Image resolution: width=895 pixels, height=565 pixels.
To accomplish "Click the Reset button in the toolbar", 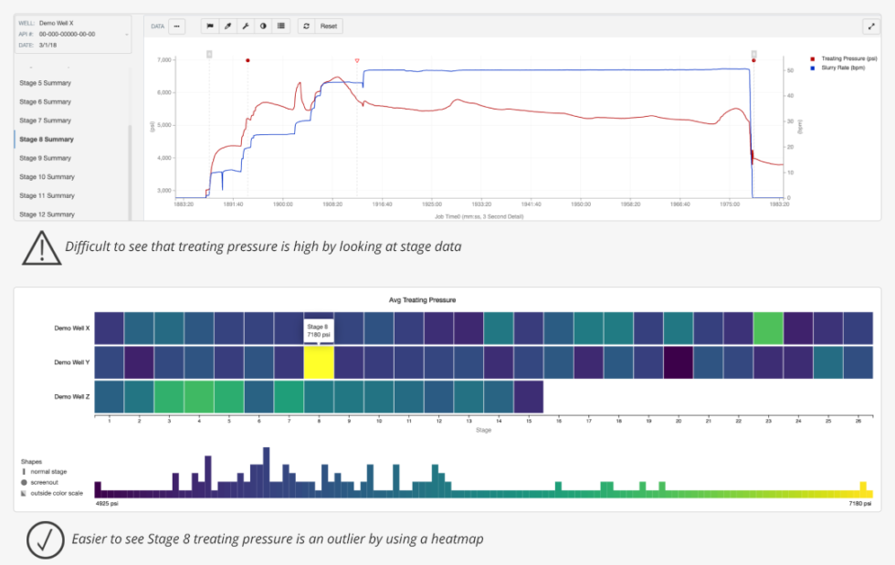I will coord(329,26).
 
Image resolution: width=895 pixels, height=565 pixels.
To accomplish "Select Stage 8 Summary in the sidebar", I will coord(47,139).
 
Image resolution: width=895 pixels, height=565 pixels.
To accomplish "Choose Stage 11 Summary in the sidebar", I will coord(47,195).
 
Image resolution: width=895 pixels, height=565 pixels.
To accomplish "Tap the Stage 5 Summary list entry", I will coord(45,83).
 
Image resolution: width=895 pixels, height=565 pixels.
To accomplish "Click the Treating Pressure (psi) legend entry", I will coord(844,58).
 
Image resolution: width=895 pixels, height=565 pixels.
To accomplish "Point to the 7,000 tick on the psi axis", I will coord(164,60).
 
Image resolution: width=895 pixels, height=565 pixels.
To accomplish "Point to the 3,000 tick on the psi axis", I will coord(164,191).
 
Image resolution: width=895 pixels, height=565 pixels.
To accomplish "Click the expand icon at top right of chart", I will coord(869,26).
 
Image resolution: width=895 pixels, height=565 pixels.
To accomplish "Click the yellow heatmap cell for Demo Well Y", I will coord(319,362).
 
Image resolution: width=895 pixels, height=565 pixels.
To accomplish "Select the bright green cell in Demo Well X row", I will coord(768,328).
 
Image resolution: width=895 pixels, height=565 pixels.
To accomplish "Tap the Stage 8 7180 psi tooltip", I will coord(318,330).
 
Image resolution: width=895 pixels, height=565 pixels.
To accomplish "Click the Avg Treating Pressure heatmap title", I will coord(447,299).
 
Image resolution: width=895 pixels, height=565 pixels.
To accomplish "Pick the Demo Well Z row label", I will coord(72,397).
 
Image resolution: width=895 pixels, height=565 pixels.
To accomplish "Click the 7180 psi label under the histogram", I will coord(858,503).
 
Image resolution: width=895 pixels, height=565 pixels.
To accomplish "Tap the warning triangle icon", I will coord(39,246).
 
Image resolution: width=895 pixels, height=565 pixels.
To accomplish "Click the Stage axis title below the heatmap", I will coord(483,430).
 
